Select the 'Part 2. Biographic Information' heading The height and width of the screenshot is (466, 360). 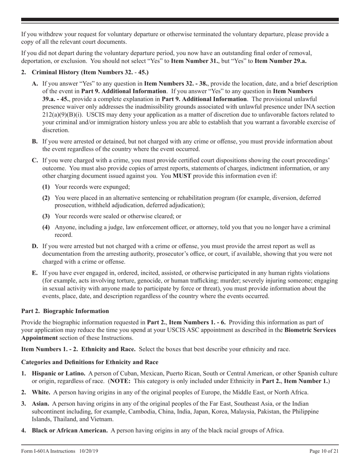point(65,311)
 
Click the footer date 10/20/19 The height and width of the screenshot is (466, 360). point(89,451)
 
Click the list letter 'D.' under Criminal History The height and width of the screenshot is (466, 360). point(35,247)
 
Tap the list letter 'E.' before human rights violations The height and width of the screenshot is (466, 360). point(35,273)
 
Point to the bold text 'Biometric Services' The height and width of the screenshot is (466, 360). point(312,330)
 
